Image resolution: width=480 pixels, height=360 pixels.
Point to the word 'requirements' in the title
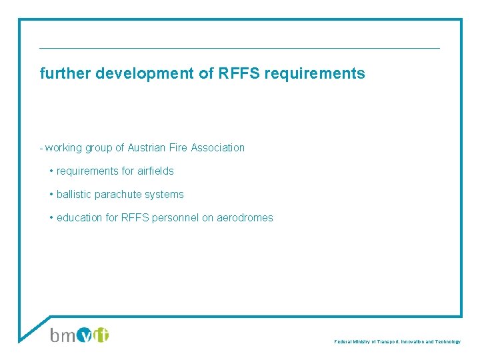[315, 74]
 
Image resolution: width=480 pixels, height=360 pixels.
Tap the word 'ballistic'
[74, 195]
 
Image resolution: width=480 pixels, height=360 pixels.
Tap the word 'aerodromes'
[245, 217]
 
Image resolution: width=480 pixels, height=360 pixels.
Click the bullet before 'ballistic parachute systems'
[51, 195]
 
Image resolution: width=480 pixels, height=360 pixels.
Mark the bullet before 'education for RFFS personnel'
[51, 217]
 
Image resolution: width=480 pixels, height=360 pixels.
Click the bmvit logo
[79, 334]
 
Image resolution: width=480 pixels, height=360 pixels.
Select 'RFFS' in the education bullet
[134, 217]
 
